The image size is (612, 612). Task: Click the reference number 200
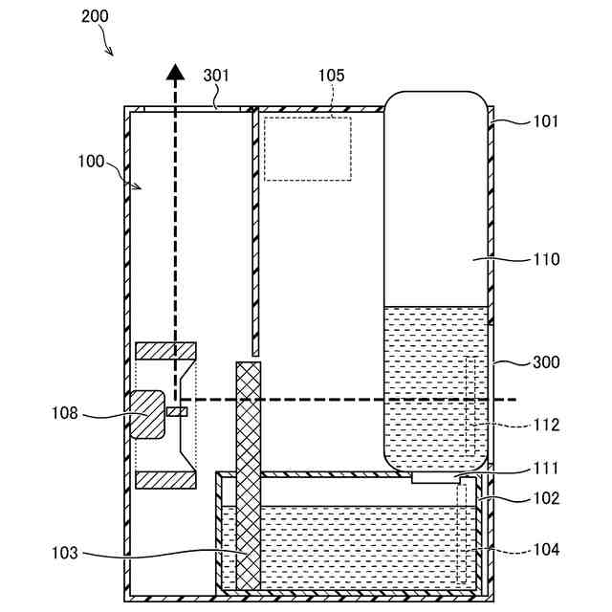coord(95,16)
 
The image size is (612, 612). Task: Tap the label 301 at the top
coord(216,76)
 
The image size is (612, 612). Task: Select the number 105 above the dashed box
coord(331,76)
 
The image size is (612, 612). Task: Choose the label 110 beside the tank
coord(545,259)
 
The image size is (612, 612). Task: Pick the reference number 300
coord(545,363)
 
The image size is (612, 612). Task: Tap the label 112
coord(545,425)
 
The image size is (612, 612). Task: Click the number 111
coord(545,469)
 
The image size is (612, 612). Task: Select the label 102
coord(545,498)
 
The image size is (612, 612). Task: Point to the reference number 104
coord(545,550)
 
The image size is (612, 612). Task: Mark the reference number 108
coord(66,414)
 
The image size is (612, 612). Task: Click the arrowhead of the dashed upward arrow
coord(175,72)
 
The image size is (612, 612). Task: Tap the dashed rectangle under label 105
coord(308,148)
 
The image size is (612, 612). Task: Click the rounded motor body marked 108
coord(148,414)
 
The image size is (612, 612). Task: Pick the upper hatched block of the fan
coord(166,351)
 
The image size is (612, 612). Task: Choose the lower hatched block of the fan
coord(166,478)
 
